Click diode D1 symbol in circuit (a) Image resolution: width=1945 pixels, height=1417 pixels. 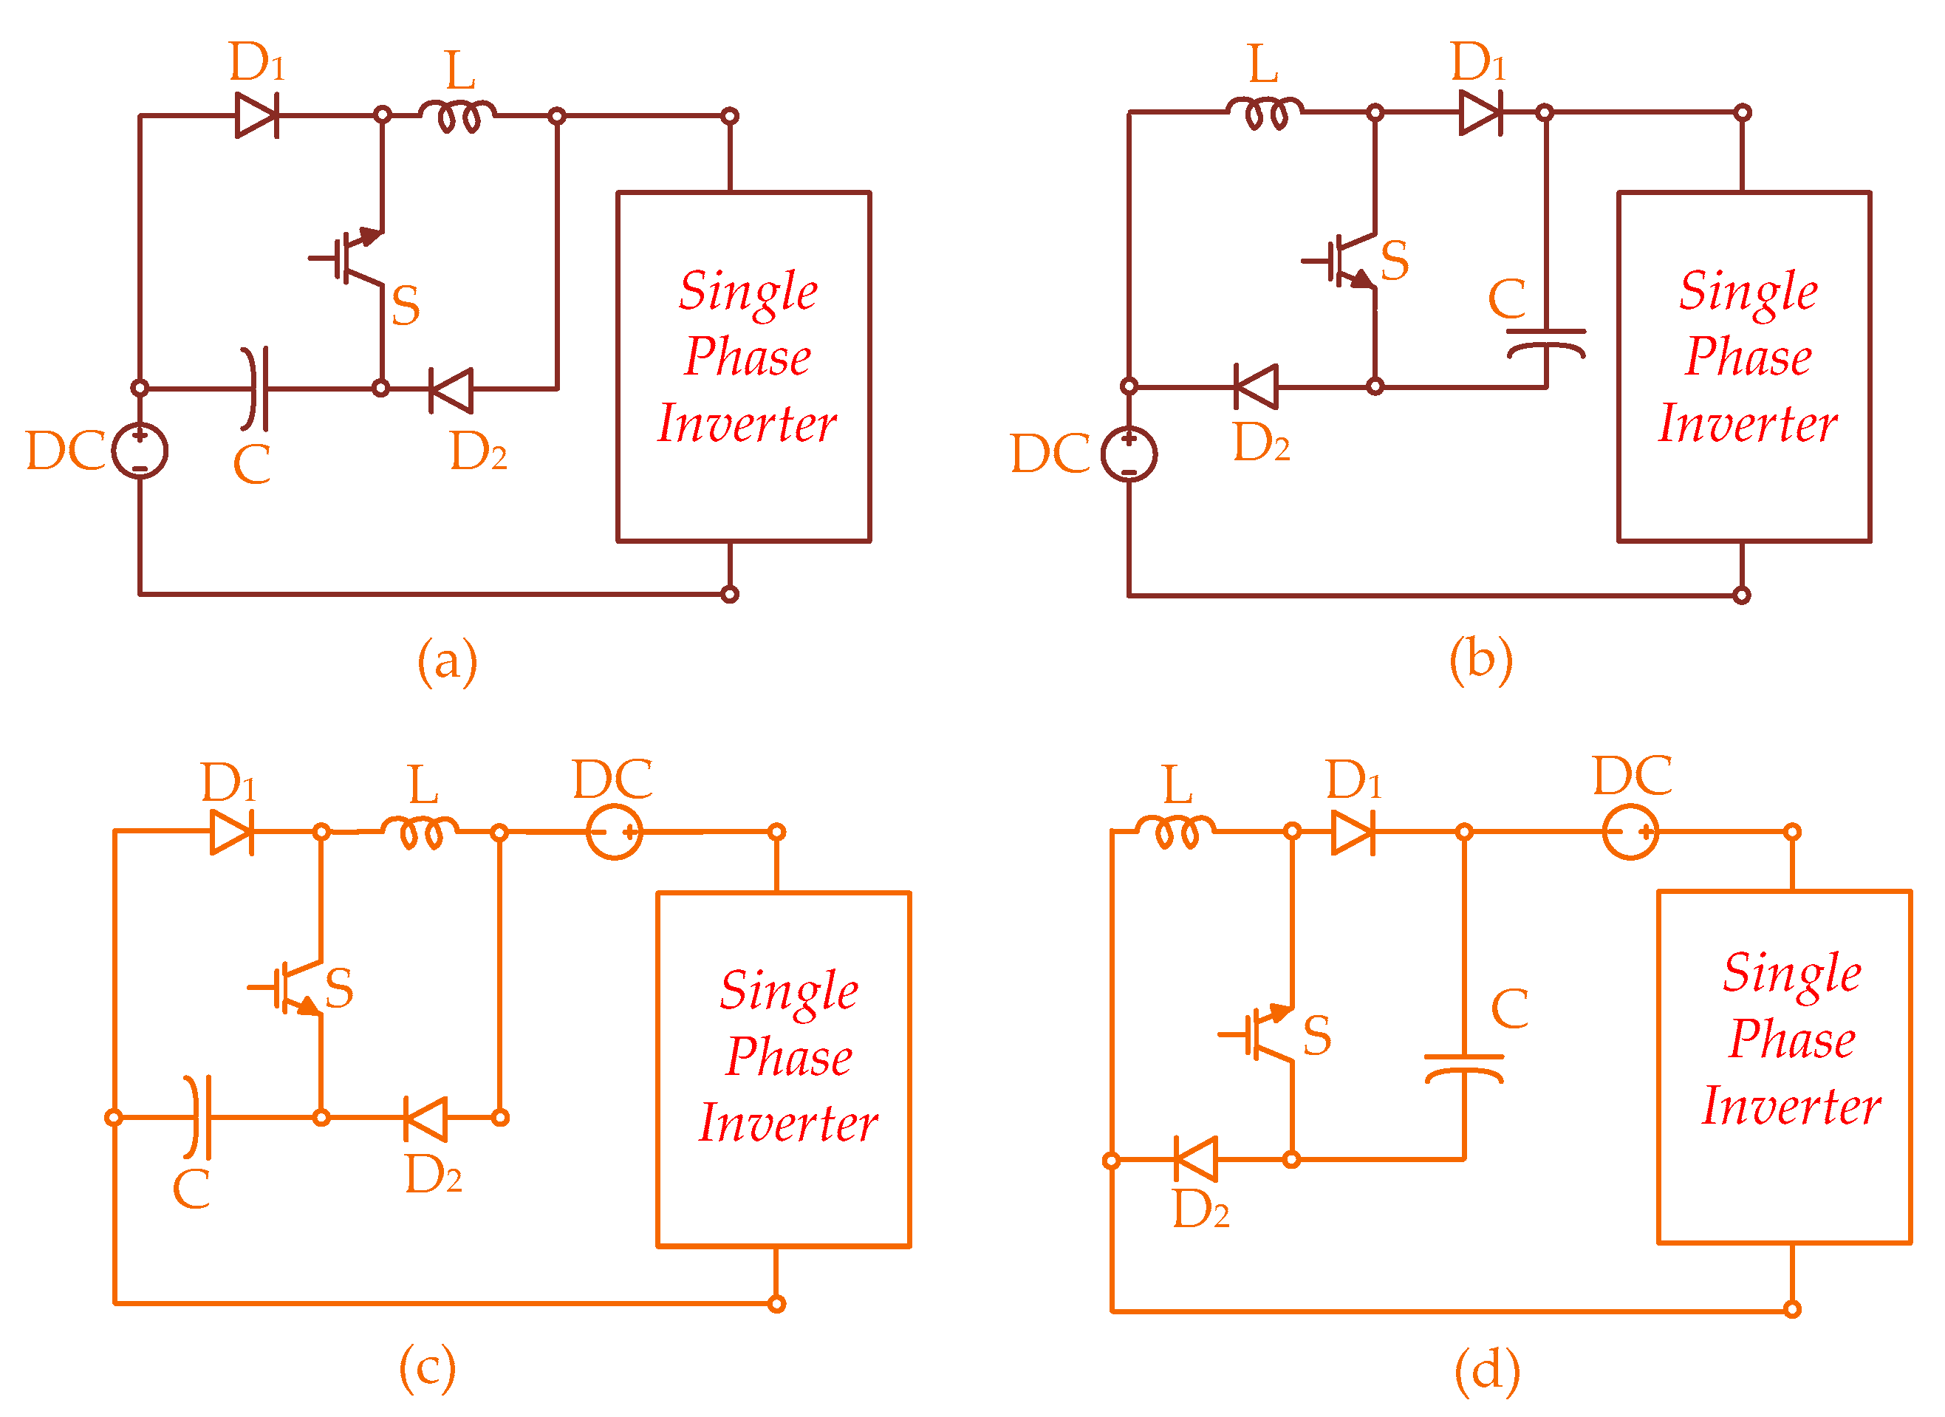click(257, 115)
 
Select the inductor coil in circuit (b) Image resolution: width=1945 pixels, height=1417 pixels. click(1264, 113)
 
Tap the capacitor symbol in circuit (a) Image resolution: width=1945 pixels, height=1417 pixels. click(255, 389)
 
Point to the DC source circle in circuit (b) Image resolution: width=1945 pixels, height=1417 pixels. click(1129, 454)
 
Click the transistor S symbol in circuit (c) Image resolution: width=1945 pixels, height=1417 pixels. click(288, 987)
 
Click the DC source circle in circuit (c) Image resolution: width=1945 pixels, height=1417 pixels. click(614, 832)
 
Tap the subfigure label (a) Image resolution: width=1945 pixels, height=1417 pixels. click(447, 662)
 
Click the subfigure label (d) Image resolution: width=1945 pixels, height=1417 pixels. click(1487, 1370)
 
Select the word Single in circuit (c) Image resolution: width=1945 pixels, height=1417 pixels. click(789, 992)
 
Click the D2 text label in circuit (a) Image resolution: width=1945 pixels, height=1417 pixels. click(479, 451)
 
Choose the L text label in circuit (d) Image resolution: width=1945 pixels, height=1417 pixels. click(1178, 785)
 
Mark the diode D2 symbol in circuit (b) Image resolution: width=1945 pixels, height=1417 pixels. click(1257, 387)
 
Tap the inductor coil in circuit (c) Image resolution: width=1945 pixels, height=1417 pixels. click(420, 833)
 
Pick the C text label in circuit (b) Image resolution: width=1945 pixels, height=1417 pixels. click(1507, 298)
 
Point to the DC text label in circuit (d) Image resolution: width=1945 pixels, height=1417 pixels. click(1632, 776)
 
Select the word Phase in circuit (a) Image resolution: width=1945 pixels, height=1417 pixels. click(747, 357)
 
